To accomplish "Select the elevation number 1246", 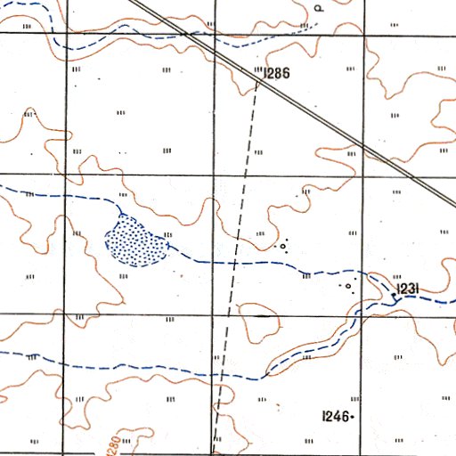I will [336, 415].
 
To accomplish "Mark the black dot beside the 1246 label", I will [354, 416].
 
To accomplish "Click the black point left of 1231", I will [395, 291].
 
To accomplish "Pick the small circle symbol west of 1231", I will [348, 287].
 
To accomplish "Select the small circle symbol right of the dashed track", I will [282, 245].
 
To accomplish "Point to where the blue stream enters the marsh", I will [121, 214].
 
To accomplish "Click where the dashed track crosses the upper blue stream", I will [233, 263].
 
